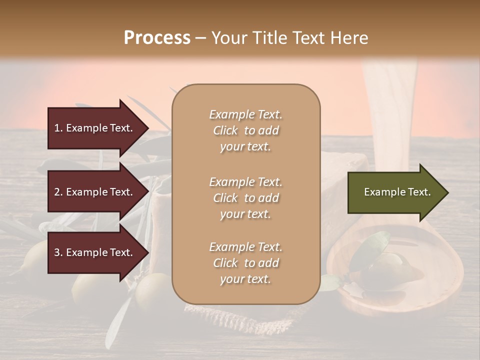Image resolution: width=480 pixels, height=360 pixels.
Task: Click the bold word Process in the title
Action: (x=157, y=38)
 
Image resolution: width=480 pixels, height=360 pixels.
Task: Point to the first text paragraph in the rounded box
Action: (x=245, y=130)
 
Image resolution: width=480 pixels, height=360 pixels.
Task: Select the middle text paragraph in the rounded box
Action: (x=245, y=198)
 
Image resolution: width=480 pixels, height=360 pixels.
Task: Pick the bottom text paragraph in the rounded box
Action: (x=245, y=263)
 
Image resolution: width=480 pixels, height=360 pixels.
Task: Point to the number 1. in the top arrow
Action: (x=58, y=128)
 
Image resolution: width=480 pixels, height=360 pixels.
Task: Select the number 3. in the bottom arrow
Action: (x=58, y=252)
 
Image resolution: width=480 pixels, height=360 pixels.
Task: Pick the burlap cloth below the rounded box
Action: (x=250, y=320)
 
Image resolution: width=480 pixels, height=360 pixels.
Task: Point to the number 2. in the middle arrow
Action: (x=58, y=192)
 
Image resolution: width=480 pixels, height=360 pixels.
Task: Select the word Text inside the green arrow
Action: (x=420, y=192)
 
